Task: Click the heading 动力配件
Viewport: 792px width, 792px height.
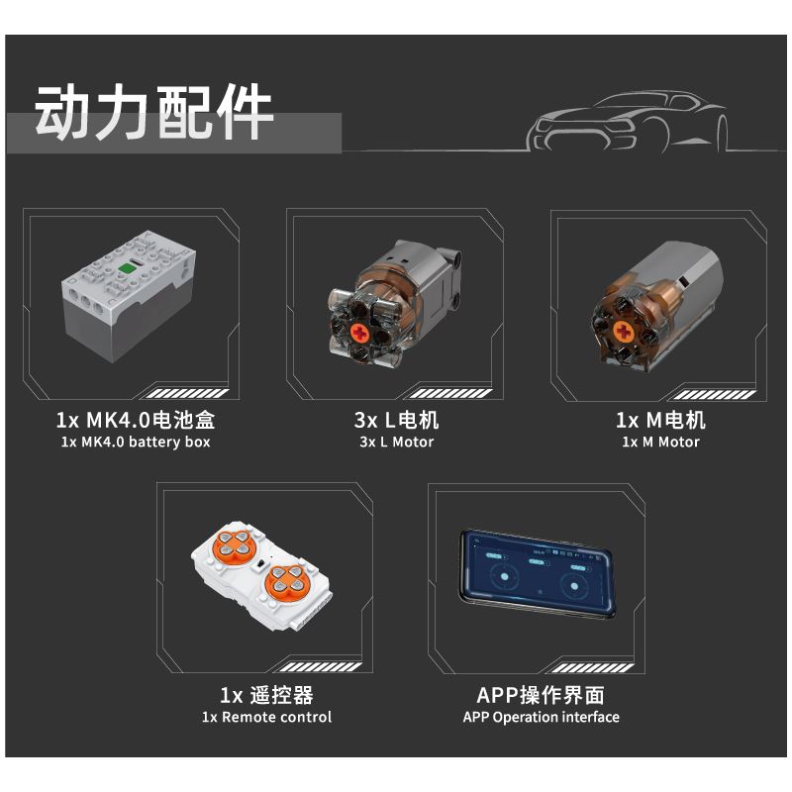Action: pos(154,114)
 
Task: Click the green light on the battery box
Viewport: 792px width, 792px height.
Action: pos(127,268)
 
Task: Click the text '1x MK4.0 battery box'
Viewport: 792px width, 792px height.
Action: pos(135,442)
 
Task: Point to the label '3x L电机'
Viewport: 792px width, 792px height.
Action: pos(396,420)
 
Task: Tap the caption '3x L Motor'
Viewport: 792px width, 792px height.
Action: pos(396,442)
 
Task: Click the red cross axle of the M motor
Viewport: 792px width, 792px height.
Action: pos(624,331)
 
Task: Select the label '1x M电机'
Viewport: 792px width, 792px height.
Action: pos(661,420)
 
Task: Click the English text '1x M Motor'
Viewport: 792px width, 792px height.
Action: pos(661,442)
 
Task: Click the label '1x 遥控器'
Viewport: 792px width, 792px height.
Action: pos(266,694)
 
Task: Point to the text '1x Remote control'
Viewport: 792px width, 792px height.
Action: pos(266,717)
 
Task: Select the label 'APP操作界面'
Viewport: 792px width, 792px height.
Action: pos(541,694)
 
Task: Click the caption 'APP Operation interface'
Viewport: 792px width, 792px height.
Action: pos(541,717)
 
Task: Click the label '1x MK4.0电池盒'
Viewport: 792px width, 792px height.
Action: pos(135,420)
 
